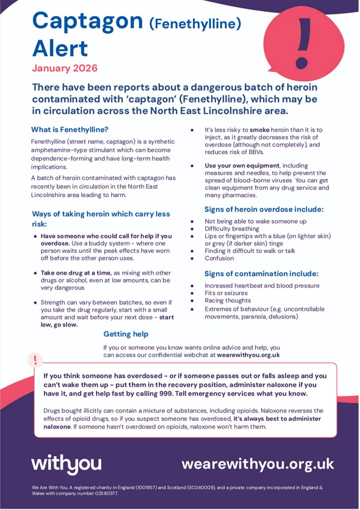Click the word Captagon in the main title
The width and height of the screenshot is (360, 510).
click(x=88, y=22)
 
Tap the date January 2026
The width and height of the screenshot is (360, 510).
click(x=65, y=68)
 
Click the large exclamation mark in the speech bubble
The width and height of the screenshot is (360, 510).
click(x=304, y=43)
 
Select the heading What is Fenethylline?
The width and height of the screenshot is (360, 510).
click(x=70, y=130)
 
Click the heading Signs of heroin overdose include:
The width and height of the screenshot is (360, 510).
click(x=264, y=209)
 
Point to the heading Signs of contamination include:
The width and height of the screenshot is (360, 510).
click(x=261, y=274)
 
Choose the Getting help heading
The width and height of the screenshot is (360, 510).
click(x=126, y=334)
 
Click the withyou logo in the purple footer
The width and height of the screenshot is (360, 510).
click(x=66, y=464)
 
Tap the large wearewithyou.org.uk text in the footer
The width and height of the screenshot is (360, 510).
click(x=258, y=464)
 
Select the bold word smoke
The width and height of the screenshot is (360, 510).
click(x=260, y=130)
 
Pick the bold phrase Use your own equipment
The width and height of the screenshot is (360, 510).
click(x=242, y=166)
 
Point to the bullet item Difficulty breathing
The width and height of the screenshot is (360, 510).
click(x=232, y=229)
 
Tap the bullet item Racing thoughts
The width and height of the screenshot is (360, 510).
click(x=228, y=301)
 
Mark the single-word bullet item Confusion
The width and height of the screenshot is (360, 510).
click(x=219, y=258)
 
